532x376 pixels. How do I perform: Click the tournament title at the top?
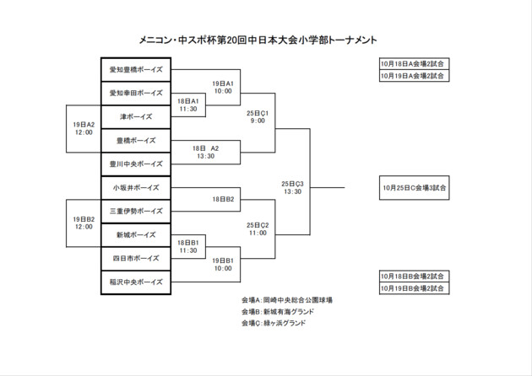click(x=258, y=40)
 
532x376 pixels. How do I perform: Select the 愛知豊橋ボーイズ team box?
click(x=136, y=69)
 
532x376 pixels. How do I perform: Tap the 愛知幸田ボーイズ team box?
click(x=136, y=93)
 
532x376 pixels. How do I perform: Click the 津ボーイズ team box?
click(x=136, y=116)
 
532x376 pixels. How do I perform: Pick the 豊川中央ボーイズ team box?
click(x=136, y=164)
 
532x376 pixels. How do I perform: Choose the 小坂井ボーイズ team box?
click(x=136, y=187)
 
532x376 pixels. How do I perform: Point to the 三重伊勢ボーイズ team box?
click(x=136, y=211)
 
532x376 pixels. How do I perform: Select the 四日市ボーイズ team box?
click(x=136, y=258)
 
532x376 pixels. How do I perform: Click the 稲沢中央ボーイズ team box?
click(x=136, y=282)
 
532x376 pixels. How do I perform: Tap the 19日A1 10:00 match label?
click(x=223, y=88)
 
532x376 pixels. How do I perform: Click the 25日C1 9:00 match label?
click(x=257, y=116)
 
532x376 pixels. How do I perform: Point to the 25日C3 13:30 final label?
click(x=292, y=187)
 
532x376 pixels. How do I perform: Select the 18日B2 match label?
click(x=223, y=199)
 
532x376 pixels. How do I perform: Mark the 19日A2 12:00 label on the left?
click(x=83, y=128)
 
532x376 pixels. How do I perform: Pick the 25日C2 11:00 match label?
click(x=257, y=228)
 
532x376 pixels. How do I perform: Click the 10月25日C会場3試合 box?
click(x=414, y=187)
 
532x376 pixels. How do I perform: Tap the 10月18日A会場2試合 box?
click(x=414, y=64)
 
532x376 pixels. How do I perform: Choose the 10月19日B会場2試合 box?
click(x=414, y=287)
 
